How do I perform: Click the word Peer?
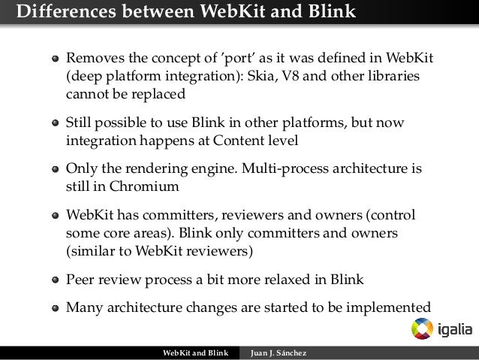tap(80, 280)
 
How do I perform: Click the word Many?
tap(83, 307)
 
